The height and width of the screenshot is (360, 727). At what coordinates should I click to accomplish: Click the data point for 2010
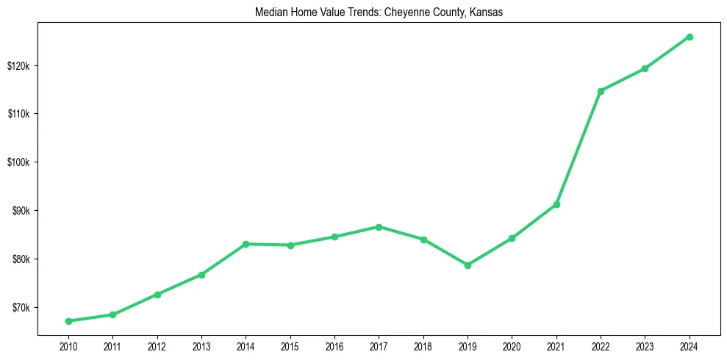pyautogui.click(x=68, y=321)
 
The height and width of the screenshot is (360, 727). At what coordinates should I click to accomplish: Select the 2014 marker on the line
pyautogui.click(x=246, y=244)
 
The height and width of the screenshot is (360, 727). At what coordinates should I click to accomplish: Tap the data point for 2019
pyautogui.click(x=468, y=265)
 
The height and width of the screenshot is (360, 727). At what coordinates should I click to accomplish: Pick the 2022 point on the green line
pyautogui.click(x=601, y=91)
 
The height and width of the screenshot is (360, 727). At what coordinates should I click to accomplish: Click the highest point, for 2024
pyautogui.click(x=690, y=37)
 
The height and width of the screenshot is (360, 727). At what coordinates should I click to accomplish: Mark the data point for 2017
pyautogui.click(x=379, y=227)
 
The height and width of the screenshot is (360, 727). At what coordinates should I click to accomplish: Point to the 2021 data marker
pyautogui.click(x=556, y=204)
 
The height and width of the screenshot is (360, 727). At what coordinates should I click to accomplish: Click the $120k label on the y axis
pyautogui.click(x=18, y=65)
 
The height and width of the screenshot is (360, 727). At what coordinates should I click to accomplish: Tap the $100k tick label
pyautogui.click(x=18, y=162)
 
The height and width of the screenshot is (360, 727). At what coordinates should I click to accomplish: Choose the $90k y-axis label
pyautogui.click(x=21, y=211)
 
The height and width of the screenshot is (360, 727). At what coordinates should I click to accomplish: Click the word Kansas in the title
pyautogui.click(x=487, y=13)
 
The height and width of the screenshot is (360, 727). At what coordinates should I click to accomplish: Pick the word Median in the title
pyautogui.click(x=270, y=13)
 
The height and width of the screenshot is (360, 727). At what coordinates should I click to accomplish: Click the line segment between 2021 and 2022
pyautogui.click(x=579, y=148)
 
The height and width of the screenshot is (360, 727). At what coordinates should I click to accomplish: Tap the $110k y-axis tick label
pyautogui.click(x=18, y=114)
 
